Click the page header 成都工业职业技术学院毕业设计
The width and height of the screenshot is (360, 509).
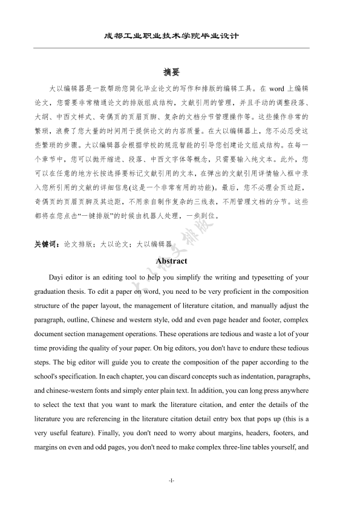coord(171,36)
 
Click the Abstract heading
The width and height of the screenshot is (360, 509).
coord(171,261)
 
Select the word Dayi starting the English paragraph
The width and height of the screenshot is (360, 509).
coord(62,278)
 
